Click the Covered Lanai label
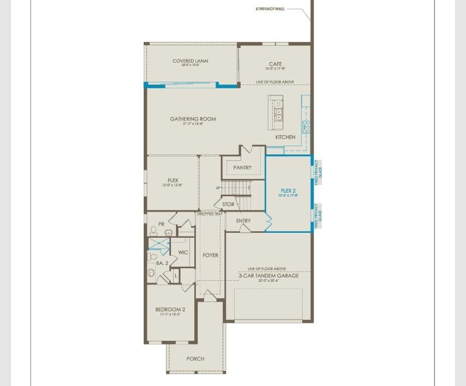tap(191, 61)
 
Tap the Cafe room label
tap(275, 64)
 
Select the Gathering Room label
tap(193, 119)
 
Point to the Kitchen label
tap(285, 137)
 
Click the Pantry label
tap(242, 168)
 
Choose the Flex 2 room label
tap(289, 191)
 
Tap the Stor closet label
tap(229, 204)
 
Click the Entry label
tap(243, 221)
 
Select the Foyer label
tap(210, 255)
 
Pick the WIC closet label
tap(183, 252)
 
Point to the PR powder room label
tap(161, 224)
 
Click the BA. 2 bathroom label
tap(162, 263)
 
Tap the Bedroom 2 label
tap(170, 310)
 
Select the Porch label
tap(195, 359)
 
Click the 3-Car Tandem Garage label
tap(269, 276)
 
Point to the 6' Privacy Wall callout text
tap(270, 9)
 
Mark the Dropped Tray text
tap(210, 214)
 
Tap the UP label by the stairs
tap(218, 188)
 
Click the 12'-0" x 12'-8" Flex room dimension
tap(173, 186)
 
